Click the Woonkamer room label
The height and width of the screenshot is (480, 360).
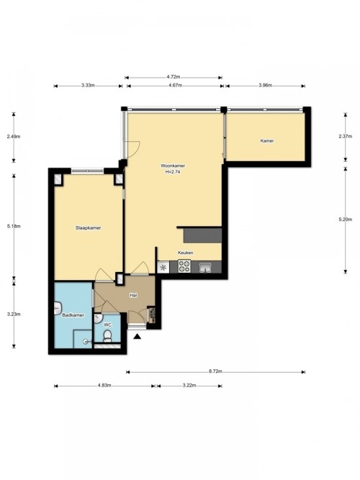pos(173,166)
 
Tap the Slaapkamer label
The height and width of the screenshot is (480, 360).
pos(89,227)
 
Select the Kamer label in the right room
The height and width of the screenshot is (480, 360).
pos(267,141)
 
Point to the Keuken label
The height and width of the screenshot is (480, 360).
pos(186,253)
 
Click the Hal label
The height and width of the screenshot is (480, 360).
pos(133,295)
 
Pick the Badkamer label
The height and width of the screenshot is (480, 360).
pos(73,314)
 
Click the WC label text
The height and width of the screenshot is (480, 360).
pos(107,325)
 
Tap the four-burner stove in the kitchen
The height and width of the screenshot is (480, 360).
pos(184,266)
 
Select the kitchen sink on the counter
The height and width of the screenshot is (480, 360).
pos(205,268)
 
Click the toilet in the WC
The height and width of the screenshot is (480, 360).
pos(107,336)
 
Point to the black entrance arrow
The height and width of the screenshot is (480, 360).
pos(138,336)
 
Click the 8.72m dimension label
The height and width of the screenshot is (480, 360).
pos(215,371)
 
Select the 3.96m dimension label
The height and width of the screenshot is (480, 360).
pos(266,86)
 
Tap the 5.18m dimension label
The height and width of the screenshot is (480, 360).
pos(14,226)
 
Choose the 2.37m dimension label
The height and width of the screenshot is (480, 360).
pos(346,137)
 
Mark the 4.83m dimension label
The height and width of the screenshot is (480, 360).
pos(104,386)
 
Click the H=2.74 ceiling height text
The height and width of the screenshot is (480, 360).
pos(173,172)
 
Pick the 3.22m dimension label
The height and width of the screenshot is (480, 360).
pos(189,386)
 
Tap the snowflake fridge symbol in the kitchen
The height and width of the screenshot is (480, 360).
pos(163,267)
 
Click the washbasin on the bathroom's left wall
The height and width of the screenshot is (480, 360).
pos(58,308)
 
